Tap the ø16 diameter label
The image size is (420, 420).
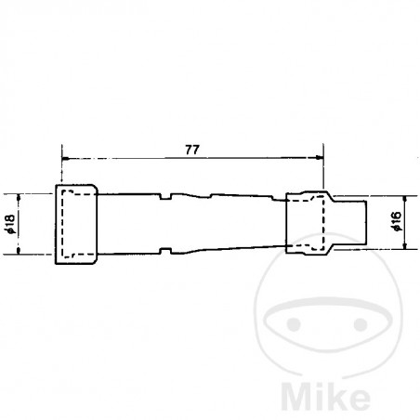[397, 223]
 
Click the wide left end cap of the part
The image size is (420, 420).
[77, 225]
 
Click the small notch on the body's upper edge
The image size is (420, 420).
[166, 195]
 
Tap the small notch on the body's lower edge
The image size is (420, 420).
[166, 252]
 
